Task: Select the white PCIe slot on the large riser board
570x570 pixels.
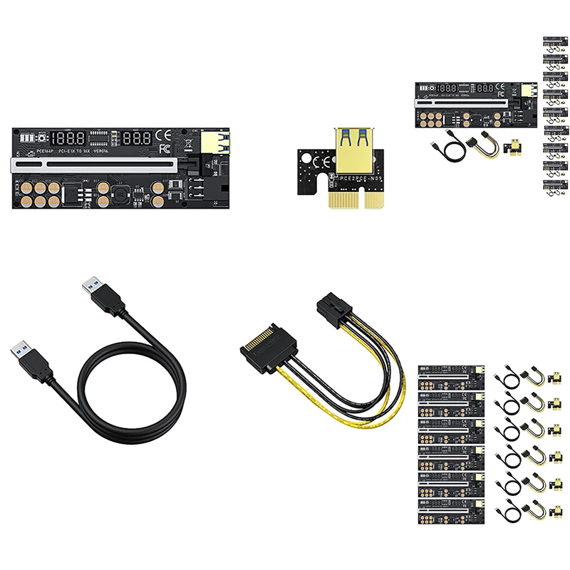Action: click(x=100, y=167)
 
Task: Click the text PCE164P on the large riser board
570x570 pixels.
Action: click(x=31, y=152)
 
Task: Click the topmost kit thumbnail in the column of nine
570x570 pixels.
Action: click(x=554, y=41)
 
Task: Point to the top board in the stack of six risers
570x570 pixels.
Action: click(x=451, y=378)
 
